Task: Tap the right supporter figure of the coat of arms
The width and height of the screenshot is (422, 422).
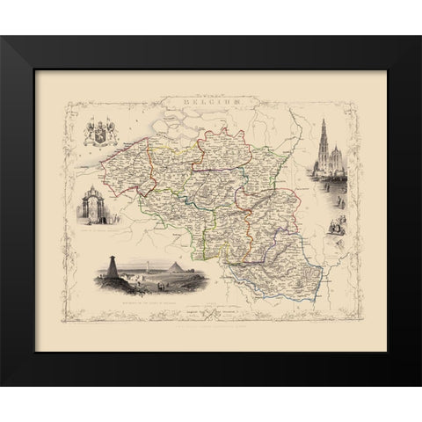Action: click(x=113, y=136)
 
